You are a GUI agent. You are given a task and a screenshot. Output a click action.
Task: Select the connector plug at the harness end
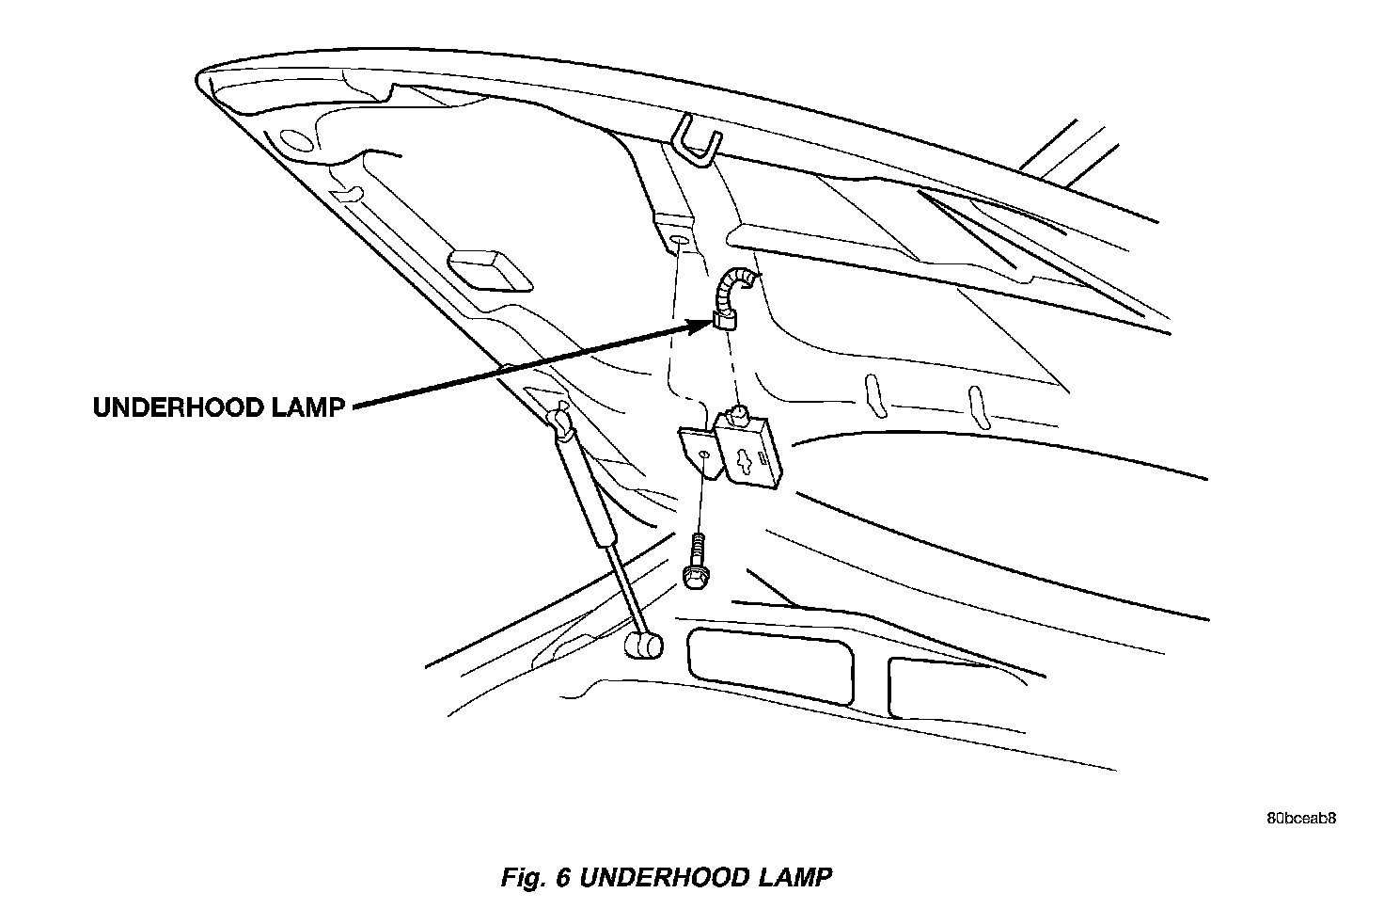(x=725, y=322)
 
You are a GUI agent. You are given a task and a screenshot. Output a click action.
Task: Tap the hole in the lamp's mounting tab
(x=703, y=457)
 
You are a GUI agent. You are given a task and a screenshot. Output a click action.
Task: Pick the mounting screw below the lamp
(x=696, y=563)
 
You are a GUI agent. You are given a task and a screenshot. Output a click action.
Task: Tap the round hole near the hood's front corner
(x=294, y=139)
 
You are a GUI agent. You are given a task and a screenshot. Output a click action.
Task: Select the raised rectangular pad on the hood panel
(x=487, y=270)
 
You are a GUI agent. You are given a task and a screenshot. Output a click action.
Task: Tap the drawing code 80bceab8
(x=1299, y=818)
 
